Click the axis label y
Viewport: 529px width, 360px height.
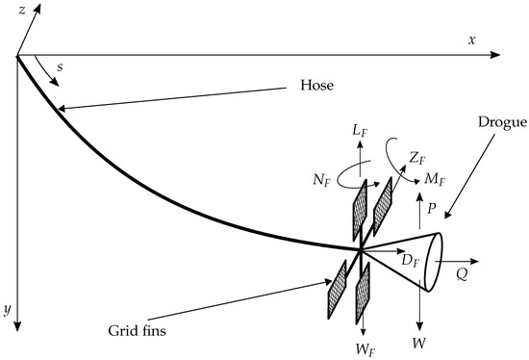point(8,309)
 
